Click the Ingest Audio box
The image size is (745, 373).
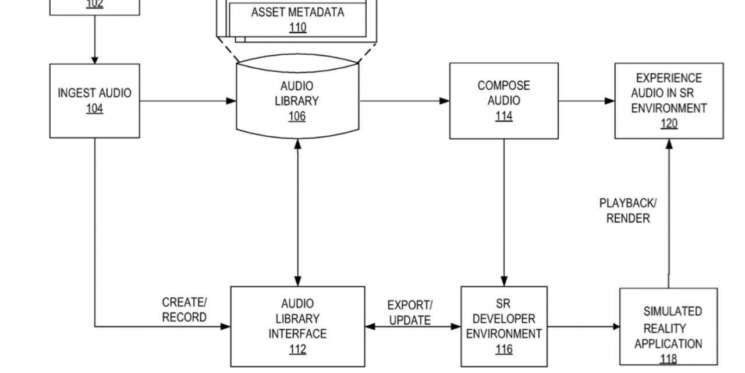click(x=94, y=100)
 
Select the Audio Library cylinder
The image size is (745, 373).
click(x=297, y=100)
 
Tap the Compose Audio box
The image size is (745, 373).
click(x=503, y=100)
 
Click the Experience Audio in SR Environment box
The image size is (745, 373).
click(x=669, y=100)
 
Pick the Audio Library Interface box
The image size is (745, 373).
click(x=297, y=326)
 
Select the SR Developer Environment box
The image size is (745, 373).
click(x=503, y=326)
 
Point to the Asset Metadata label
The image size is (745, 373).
click(x=297, y=12)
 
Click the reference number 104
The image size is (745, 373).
click(x=94, y=108)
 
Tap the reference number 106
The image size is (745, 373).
click(x=297, y=116)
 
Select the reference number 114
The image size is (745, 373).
click(x=503, y=116)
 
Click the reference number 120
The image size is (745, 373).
click(x=669, y=124)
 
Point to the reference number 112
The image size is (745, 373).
click(x=297, y=349)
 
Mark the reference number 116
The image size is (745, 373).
click(x=503, y=349)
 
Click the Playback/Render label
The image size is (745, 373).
click(x=628, y=210)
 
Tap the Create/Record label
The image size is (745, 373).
click(x=184, y=310)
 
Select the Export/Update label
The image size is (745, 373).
click(x=410, y=313)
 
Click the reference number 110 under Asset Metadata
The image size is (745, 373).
click(x=297, y=27)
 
